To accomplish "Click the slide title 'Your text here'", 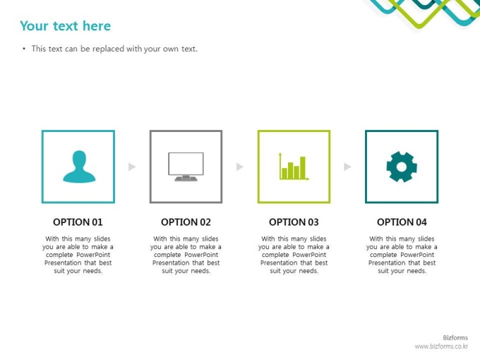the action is pos(65,26).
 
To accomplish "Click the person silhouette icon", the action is pos(79,167).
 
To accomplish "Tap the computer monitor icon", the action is pos(186,167).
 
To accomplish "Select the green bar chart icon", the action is pos(294,166).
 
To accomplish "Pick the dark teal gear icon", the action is pos(402,167).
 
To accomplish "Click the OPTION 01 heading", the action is pos(78,222).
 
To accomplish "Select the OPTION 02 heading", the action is pos(186,222).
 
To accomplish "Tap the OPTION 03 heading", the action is pos(294,222).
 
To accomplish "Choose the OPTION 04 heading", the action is pos(402,222).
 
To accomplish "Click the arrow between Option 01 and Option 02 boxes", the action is pos(131,167).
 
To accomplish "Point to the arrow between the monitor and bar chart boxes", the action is pos(240,167).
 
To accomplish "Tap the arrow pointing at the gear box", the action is pos(347,167).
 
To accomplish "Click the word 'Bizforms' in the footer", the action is pos(455,337).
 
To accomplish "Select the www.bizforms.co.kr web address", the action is pos(441,346).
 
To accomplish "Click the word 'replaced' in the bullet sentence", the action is pos(109,49).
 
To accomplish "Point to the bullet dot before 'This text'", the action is pos(24,49).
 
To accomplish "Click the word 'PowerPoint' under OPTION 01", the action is pos(93,255).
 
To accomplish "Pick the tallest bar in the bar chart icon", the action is pos(302,167).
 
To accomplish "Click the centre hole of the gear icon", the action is pos(402,167).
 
